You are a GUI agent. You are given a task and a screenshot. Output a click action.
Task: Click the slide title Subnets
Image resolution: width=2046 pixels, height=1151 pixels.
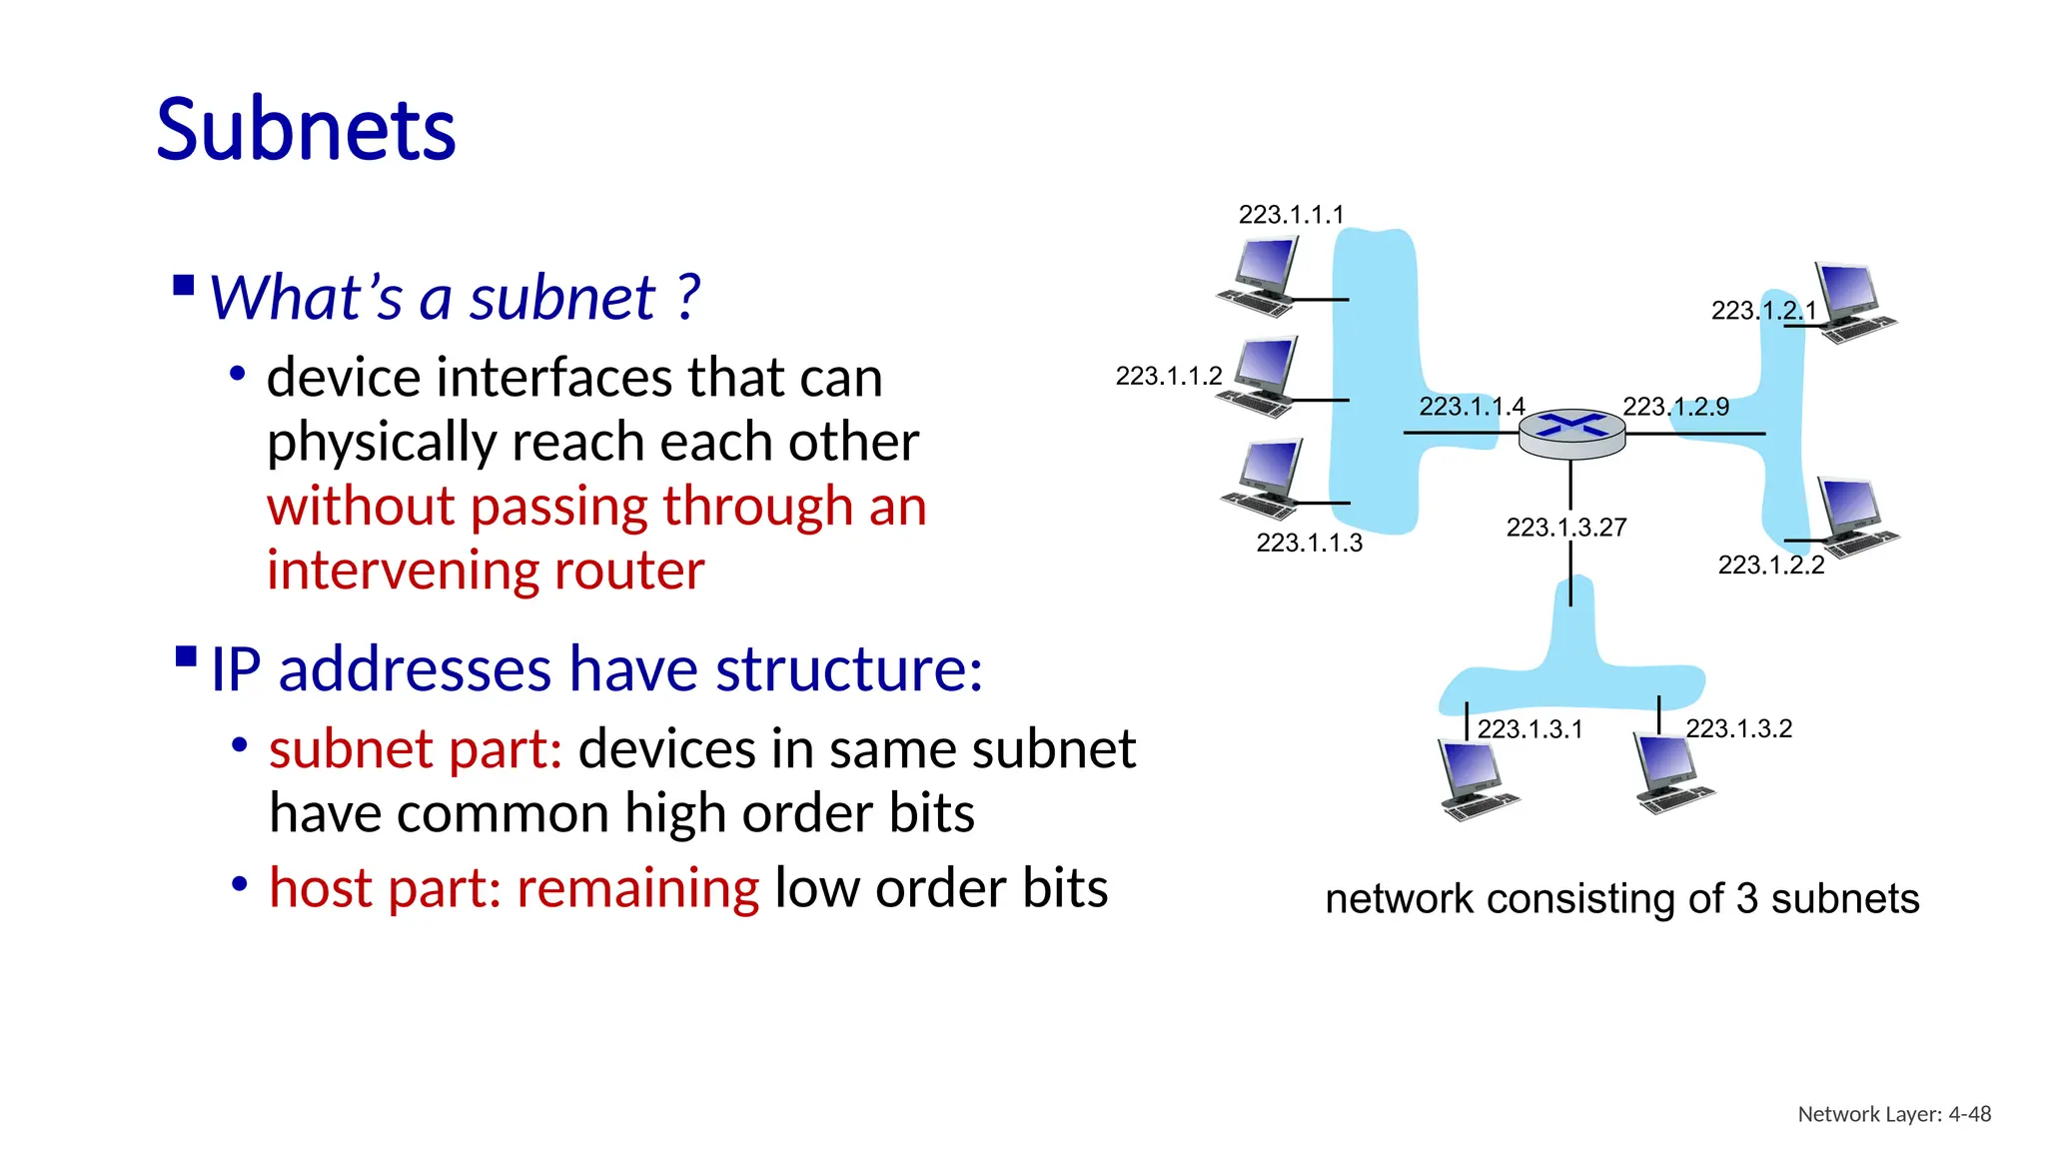pyautogui.click(x=306, y=130)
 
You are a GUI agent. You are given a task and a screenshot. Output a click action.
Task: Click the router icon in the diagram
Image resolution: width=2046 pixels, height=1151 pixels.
pyautogui.click(x=1571, y=434)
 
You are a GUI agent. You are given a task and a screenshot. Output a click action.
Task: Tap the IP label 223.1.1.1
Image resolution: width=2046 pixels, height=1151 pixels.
pyautogui.click(x=1291, y=215)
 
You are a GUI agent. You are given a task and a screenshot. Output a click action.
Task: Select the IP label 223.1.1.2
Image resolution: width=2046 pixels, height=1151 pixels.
pyautogui.click(x=1168, y=377)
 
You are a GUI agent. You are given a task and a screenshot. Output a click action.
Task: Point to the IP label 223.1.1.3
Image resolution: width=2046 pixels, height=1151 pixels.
pyautogui.click(x=1309, y=543)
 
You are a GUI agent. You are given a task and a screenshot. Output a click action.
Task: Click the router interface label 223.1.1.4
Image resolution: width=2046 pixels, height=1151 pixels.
pyautogui.click(x=1471, y=407)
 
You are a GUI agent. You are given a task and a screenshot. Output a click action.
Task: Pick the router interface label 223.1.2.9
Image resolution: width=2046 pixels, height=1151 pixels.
pyautogui.click(x=1675, y=407)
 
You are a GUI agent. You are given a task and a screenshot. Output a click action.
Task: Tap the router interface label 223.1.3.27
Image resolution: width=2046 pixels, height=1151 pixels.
pyautogui.click(x=1565, y=528)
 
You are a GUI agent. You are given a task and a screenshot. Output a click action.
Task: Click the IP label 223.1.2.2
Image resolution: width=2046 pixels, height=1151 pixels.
pyautogui.click(x=1770, y=566)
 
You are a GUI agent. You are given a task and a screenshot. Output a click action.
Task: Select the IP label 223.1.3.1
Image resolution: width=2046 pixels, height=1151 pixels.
pyautogui.click(x=1530, y=729)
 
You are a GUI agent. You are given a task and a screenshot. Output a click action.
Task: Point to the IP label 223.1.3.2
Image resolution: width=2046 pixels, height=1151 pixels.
pyautogui.click(x=1738, y=728)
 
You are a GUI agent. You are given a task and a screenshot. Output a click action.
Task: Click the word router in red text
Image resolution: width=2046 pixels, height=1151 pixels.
pyautogui.click(x=628, y=572)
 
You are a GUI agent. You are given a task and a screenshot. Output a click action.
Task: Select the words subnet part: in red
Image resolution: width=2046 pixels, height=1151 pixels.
pyautogui.click(x=416, y=749)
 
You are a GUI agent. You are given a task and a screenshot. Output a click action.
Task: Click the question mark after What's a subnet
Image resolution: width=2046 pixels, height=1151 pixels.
pyautogui.click(x=687, y=298)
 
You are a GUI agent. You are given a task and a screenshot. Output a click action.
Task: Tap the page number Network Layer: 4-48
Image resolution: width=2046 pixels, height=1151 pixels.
pyautogui.click(x=1893, y=1114)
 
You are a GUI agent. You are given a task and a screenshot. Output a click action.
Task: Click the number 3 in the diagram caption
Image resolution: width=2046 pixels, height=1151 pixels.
pyautogui.click(x=1746, y=899)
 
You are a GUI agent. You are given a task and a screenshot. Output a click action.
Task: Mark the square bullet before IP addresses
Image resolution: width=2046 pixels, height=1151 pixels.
pyautogui.click(x=186, y=656)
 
